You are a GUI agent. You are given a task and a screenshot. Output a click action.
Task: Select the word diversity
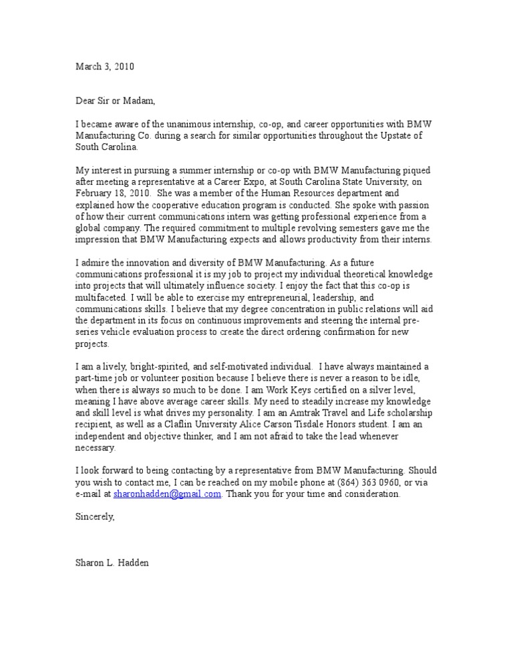[x=212, y=263]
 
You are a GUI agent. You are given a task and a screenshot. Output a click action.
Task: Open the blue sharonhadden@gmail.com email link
[x=167, y=494]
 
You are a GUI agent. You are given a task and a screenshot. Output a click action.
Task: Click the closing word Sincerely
[x=95, y=517]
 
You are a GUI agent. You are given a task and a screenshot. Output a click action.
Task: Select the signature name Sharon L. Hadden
[x=112, y=563]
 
